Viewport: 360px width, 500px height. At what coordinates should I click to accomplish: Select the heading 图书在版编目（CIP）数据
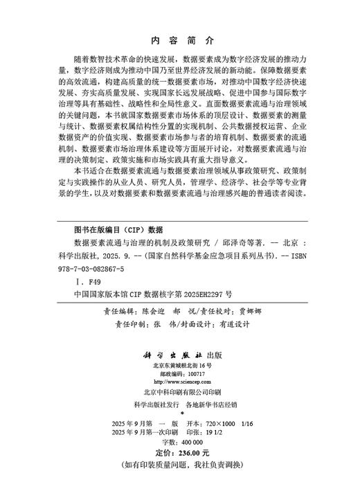118,229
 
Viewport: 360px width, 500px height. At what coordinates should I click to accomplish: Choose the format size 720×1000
213,422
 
